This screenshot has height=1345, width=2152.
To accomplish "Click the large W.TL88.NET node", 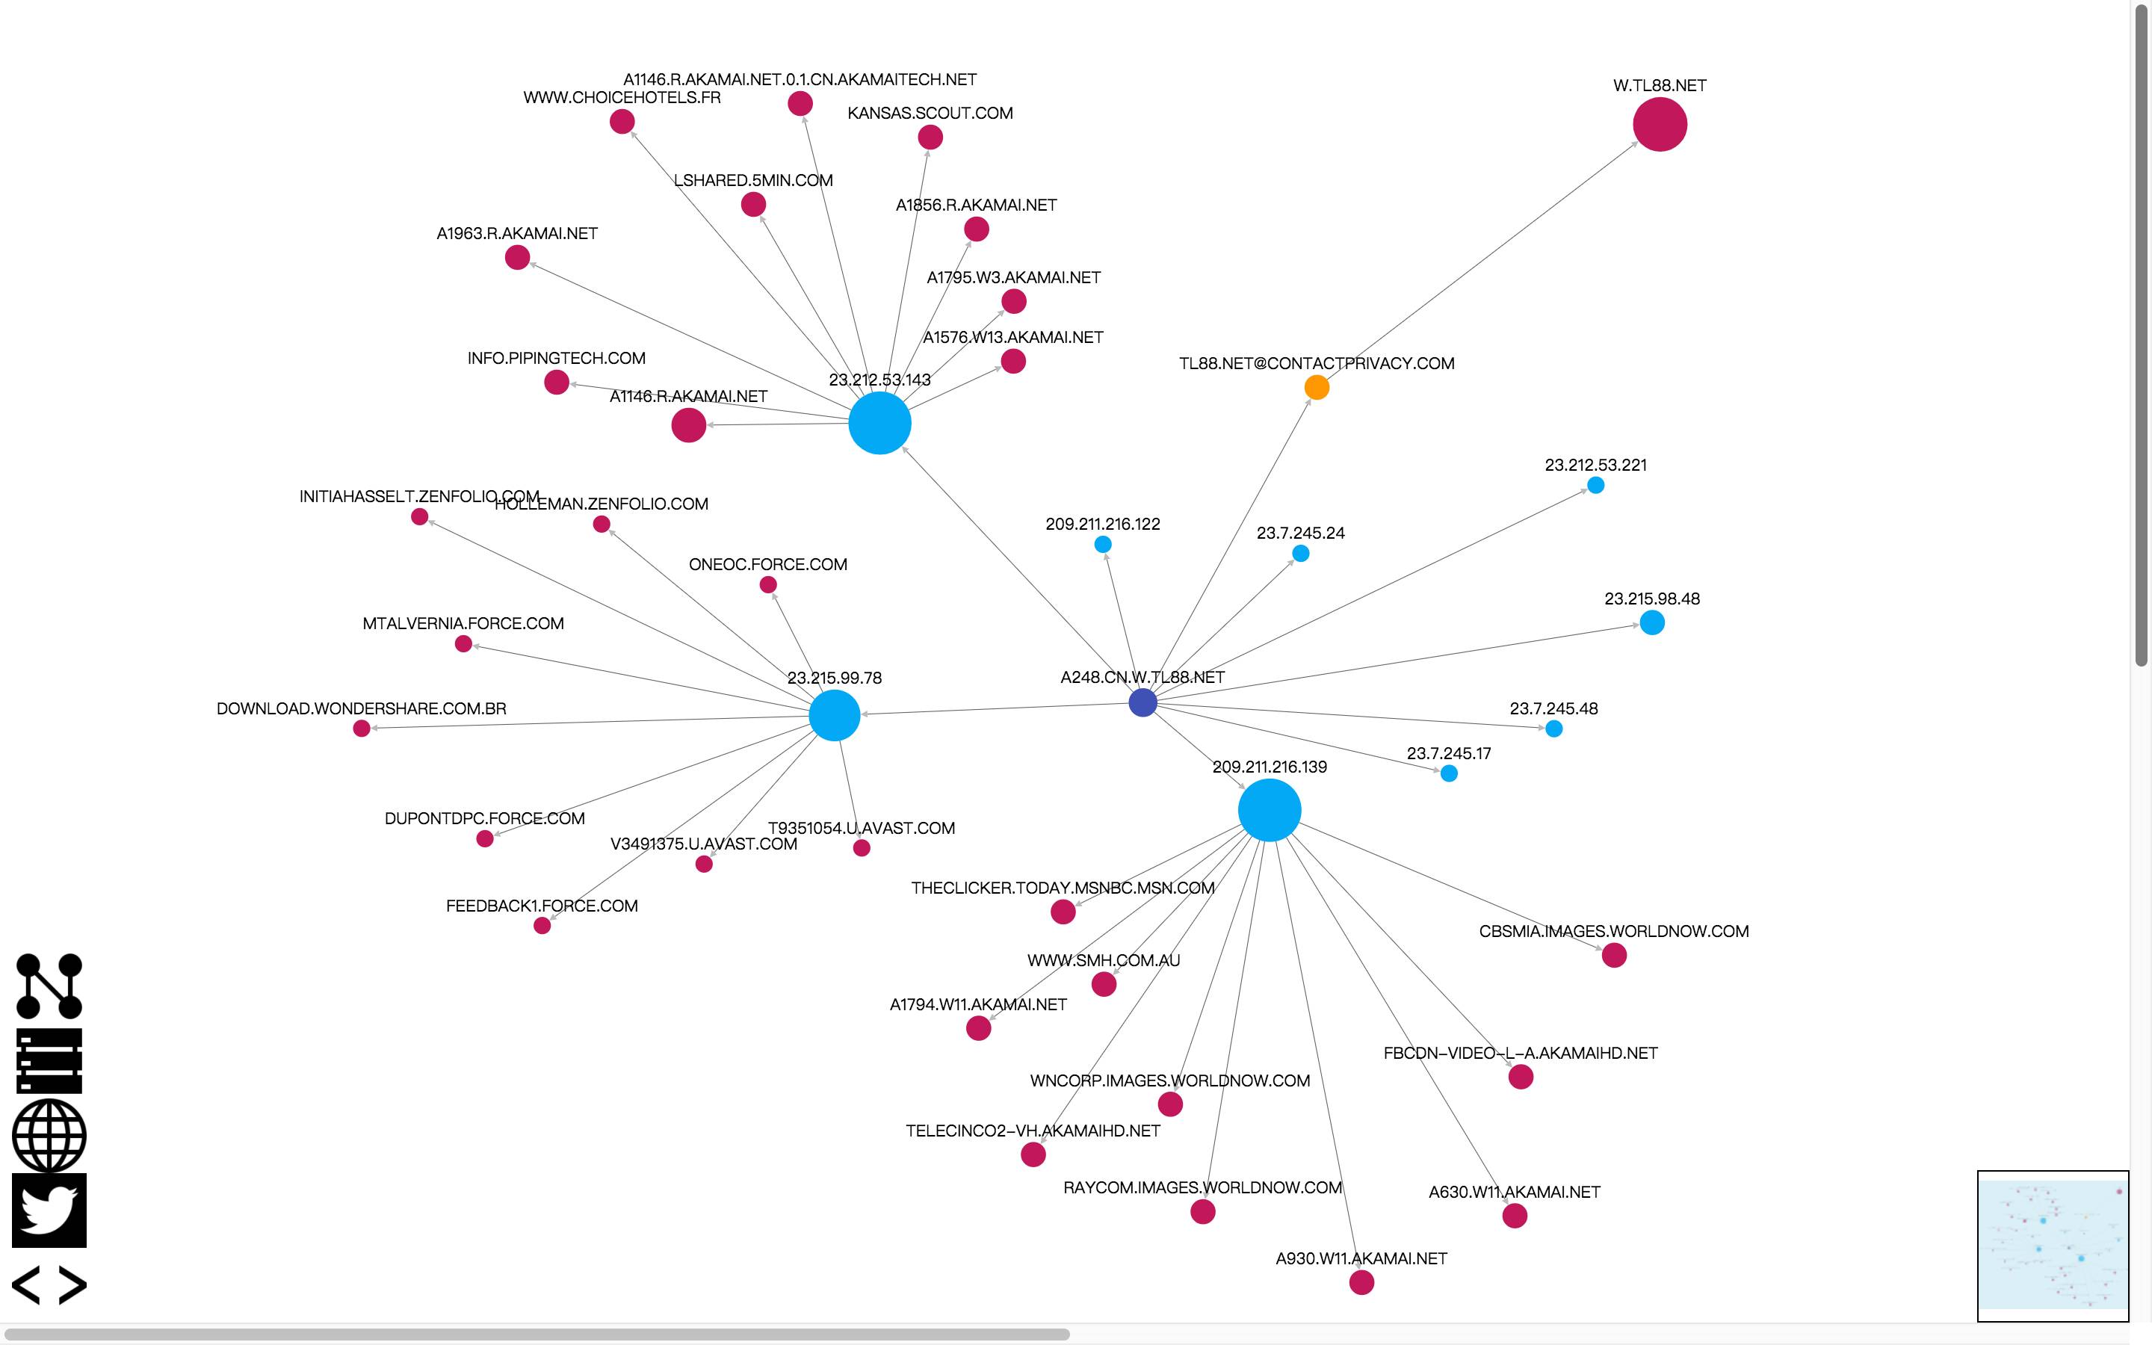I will pyautogui.click(x=1660, y=125).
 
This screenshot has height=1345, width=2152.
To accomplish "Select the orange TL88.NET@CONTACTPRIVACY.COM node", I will pyautogui.click(x=1316, y=387).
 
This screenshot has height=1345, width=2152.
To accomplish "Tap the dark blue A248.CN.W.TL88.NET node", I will pyautogui.click(x=1143, y=702).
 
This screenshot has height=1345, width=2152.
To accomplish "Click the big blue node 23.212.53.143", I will pyautogui.click(x=879, y=424).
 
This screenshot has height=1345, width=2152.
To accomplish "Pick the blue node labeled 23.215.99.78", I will pyautogui.click(x=834, y=715).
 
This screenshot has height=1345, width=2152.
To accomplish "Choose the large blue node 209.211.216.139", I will pyautogui.click(x=1269, y=811).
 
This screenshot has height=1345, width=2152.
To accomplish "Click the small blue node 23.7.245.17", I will pyautogui.click(x=1449, y=774).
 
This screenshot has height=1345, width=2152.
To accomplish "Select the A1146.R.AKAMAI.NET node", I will pyautogui.click(x=688, y=425).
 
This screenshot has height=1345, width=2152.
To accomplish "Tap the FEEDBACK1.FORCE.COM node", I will pyautogui.click(x=542, y=926).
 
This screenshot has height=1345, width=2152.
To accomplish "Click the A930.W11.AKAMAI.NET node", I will pyautogui.click(x=1361, y=1283).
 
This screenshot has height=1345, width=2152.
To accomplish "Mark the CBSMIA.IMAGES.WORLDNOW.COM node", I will pyautogui.click(x=1614, y=956).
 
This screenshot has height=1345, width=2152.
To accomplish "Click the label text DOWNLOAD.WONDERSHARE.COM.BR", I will pyautogui.click(x=361, y=709).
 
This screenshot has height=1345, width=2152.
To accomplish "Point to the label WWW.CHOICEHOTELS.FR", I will pyautogui.click(x=622, y=98).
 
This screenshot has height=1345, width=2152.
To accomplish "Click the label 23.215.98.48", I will pyautogui.click(x=1651, y=599).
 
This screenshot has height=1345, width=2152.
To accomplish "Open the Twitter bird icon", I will pyautogui.click(x=49, y=1210).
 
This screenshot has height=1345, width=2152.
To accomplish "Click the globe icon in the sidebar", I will pyautogui.click(x=49, y=1136).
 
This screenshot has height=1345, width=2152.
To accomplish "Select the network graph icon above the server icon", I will pyautogui.click(x=49, y=986).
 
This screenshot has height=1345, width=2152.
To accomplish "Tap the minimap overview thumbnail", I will pyautogui.click(x=2053, y=1246).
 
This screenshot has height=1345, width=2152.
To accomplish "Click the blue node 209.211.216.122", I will pyautogui.click(x=1103, y=545).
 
